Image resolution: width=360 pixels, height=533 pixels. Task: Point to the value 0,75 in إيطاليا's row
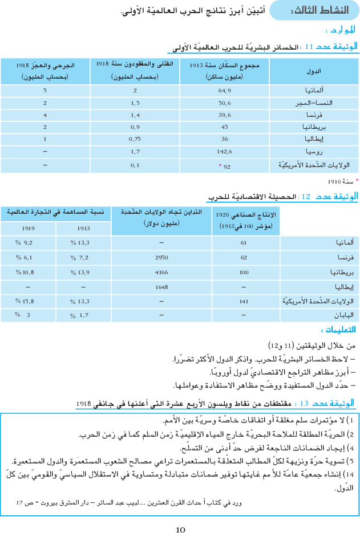[x=135, y=140]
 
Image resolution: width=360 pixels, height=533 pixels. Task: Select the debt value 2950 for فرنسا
[x=161, y=257]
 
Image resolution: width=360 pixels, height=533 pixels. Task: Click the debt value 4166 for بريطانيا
[x=161, y=272]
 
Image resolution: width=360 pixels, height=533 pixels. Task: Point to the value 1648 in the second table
[x=161, y=287]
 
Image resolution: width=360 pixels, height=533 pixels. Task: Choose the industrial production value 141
[x=244, y=301]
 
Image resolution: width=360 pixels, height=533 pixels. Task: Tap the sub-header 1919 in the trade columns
[x=27, y=228]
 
